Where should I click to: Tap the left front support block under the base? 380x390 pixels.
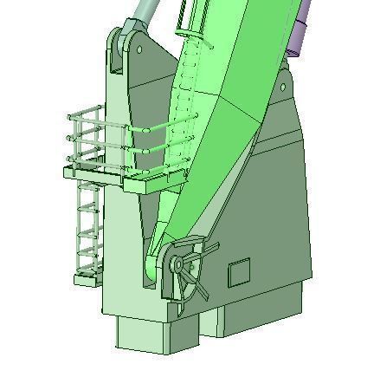point(147,333)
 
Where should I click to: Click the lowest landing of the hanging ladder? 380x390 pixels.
point(88,276)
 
